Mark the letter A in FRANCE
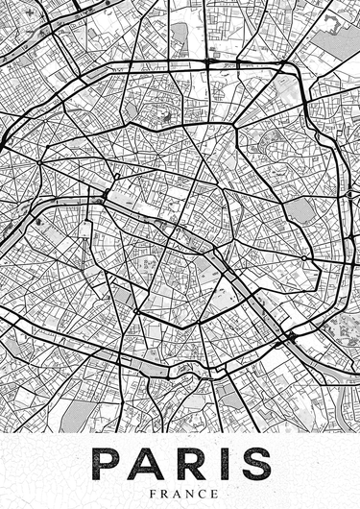pyautogui.click(x=170, y=492)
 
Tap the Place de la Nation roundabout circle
pyautogui.click(x=304, y=258)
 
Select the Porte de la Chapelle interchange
pyautogui.click(x=209, y=61)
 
